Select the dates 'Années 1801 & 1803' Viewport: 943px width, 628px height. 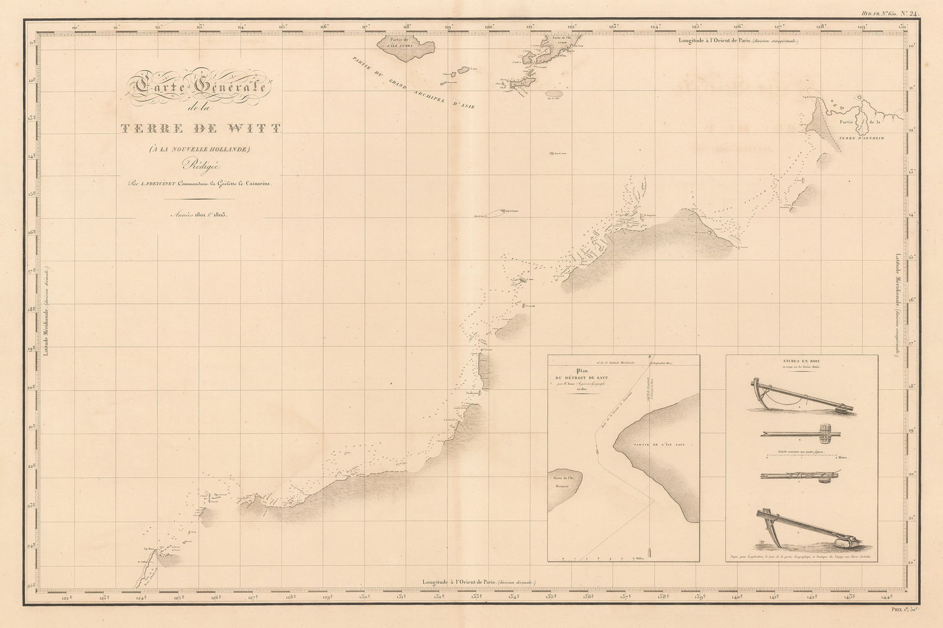tap(197, 215)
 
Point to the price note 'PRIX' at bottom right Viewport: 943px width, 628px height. tap(915, 614)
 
